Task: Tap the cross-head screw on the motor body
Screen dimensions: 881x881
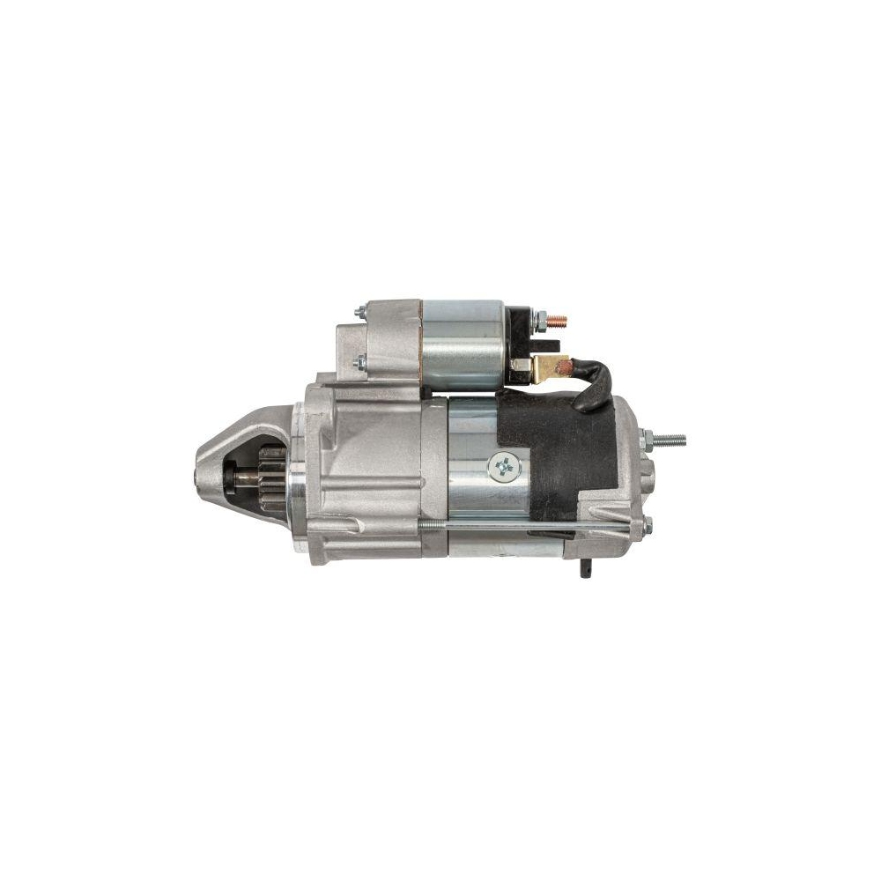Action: (x=505, y=465)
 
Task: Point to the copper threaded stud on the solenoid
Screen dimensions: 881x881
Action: (x=557, y=322)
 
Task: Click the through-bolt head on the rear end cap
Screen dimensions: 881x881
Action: (x=648, y=526)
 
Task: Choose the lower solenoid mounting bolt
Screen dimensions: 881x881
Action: (x=359, y=361)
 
